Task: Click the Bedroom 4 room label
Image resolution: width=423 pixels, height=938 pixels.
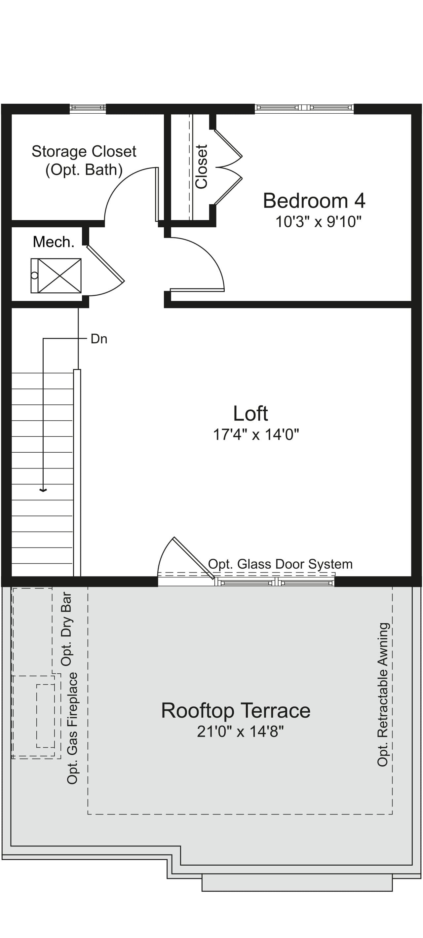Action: [314, 201]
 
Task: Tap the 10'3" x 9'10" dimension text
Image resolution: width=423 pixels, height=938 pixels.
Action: [318, 221]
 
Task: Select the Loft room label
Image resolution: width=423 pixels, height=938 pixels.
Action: [251, 414]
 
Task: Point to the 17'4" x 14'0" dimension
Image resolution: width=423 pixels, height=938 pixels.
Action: [256, 434]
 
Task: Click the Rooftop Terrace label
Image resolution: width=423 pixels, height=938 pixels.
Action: [236, 710]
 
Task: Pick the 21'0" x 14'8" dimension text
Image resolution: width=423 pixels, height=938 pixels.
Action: [240, 731]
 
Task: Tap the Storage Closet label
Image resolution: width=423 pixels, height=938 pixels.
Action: [84, 151]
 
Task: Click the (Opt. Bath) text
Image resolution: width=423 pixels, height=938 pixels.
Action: [84, 170]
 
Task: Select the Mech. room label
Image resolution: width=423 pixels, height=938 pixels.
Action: [54, 242]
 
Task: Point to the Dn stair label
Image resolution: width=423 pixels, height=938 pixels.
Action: [99, 339]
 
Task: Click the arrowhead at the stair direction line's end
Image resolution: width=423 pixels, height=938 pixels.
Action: [43, 490]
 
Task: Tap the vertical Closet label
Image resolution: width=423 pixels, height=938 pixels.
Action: [202, 167]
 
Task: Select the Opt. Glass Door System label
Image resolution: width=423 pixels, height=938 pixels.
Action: [280, 564]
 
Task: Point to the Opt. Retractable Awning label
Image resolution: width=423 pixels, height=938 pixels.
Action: [383, 694]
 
